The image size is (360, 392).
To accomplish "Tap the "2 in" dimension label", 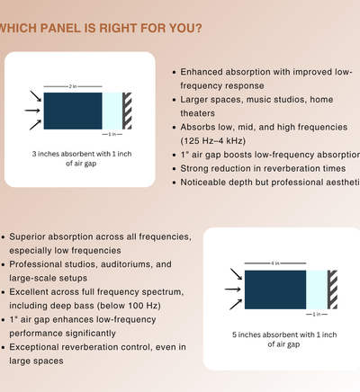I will (72, 85).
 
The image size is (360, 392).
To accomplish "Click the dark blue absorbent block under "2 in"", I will (72, 110).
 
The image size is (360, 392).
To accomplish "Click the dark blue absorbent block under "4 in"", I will (274, 290).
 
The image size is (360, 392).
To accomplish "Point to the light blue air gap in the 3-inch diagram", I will (112, 110).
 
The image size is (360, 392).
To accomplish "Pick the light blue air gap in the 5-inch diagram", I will (317, 290).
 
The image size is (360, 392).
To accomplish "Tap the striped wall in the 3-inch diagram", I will (127, 110).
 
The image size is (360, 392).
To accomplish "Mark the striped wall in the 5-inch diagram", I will (333, 290).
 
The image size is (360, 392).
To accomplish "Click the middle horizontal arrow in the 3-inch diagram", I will (32, 110).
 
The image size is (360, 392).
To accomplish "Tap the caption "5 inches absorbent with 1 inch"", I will (283, 334).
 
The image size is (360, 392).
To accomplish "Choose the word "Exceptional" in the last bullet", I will (39, 347).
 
